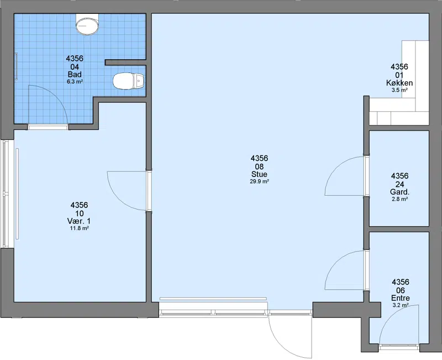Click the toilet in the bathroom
coord(129,81)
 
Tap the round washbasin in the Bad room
coord(87,25)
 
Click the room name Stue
coord(259,174)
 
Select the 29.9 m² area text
coord(259,182)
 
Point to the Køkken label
coord(399,83)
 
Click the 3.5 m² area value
coord(399,90)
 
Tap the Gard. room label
coord(399,192)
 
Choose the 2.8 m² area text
coord(399,199)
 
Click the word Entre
coord(400,298)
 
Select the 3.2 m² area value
coord(401,305)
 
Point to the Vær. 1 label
coord(79,221)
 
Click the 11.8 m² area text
coord(79,228)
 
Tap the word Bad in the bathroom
coord(75,75)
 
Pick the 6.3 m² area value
coord(75,82)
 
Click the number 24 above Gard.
coord(399,184)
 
